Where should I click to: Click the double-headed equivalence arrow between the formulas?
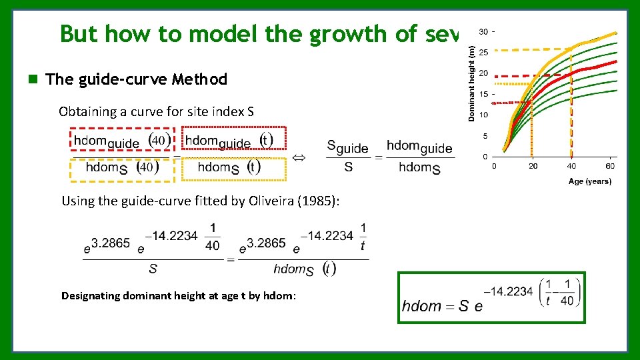[300, 157]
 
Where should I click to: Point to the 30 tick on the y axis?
[483, 31]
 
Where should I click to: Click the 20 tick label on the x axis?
[532, 166]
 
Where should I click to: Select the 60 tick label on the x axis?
[610, 166]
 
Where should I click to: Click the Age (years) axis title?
[589, 181]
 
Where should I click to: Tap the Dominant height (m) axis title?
[472, 83]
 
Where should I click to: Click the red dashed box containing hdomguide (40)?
[121, 141]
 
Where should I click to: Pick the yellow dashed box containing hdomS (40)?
[121, 168]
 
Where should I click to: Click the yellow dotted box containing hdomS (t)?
[235, 168]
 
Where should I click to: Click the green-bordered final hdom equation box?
[491, 297]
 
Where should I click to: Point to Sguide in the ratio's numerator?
[347, 147]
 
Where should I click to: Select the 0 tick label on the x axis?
[494, 166]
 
